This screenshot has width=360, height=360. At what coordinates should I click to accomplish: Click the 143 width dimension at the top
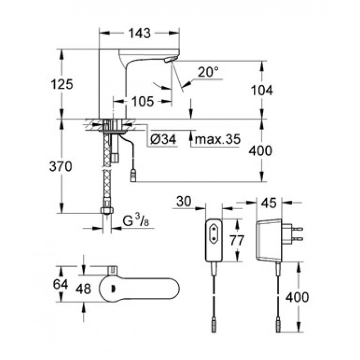point(139,33)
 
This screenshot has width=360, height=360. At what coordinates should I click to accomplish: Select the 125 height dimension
point(62,84)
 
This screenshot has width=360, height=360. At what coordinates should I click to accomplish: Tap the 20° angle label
point(208,72)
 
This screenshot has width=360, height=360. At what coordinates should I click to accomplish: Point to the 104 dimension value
point(262,90)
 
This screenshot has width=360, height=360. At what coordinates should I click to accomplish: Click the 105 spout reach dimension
point(143,101)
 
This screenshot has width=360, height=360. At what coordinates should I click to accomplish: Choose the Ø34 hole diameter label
point(163,139)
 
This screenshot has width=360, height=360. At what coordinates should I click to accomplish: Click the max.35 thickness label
point(217,139)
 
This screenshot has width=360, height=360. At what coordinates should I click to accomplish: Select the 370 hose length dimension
point(61,166)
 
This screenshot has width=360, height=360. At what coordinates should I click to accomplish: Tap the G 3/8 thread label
point(135,220)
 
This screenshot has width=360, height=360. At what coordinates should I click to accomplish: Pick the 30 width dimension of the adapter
point(184,201)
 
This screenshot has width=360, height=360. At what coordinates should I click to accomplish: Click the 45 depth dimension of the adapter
point(269,203)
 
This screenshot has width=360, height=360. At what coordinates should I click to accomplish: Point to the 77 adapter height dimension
point(237,240)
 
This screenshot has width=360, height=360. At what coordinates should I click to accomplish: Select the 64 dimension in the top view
point(61,284)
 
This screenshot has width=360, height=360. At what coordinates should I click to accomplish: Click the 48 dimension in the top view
point(83,289)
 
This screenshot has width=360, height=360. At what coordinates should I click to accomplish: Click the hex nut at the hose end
point(107,210)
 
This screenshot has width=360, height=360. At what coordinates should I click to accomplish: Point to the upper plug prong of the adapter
point(297,229)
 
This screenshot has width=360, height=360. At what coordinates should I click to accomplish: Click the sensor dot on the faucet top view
point(112,289)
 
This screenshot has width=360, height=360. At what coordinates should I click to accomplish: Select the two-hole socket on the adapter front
point(214,233)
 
